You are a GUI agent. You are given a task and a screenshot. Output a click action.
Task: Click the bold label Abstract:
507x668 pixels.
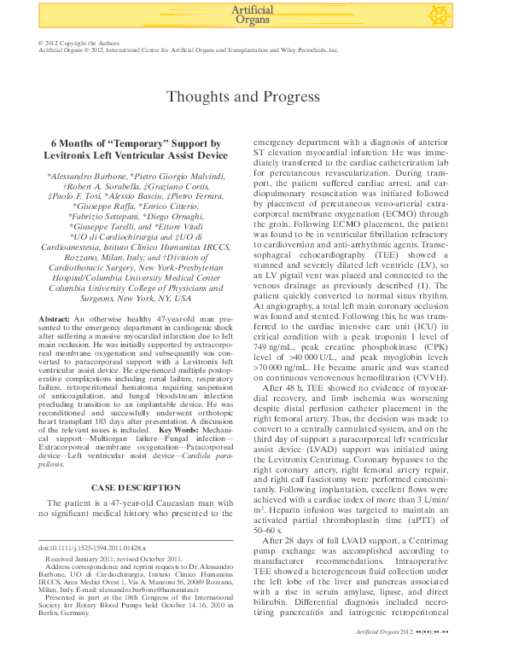[55, 318]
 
